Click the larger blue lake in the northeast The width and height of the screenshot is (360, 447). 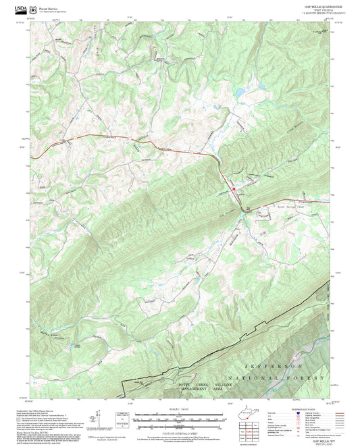click(x=259, y=86)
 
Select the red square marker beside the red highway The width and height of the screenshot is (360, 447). click(x=234, y=190)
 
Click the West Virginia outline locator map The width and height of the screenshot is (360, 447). click(x=250, y=415)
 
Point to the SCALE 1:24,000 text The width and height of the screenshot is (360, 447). click(x=180, y=409)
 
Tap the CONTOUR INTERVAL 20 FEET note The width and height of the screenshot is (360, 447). click(x=180, y=431)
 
